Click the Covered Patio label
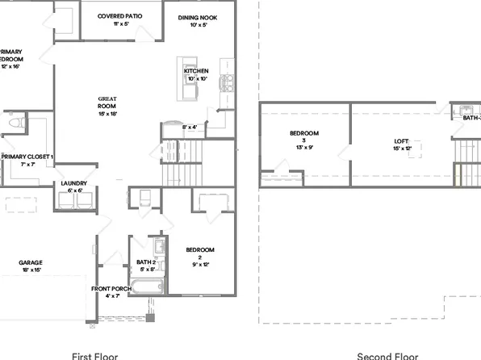(x=120, y=16)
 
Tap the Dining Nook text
(x=198, y=16)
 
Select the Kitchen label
(x=196, y=71)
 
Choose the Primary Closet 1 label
(x=27, y=156)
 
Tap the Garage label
(x=31, y=262)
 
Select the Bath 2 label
(x=145, y=262)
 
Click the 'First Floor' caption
(x=95, y=355)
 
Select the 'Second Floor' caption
(x=387, y=355)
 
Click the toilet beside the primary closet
(x=15, y=123)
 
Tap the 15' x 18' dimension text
(x=107, y=114)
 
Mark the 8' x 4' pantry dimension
(x=190, y=127)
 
